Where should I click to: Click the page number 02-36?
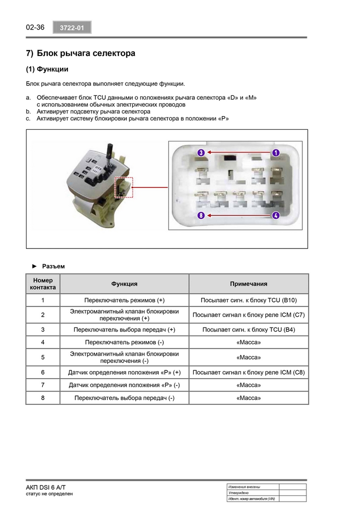(x=35, y=27)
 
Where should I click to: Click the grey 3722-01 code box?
(x=72, y=28)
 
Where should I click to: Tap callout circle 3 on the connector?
(x=201, y=152)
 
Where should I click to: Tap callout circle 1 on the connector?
(x=275, y=152)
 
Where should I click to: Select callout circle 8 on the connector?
(x=201, y=215)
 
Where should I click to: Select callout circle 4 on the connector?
(x=275, y=215)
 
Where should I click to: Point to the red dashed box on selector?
(x=124, y=187)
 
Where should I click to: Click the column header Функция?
(x=124, y=284)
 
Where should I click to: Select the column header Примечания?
(x=249, y=284)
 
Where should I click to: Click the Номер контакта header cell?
(x=43, y=284)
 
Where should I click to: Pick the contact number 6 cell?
(x=43, y=372)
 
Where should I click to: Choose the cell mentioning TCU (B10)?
(x=249, y=300)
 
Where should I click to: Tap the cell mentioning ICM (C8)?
(x=249, y=372)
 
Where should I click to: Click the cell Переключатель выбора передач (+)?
(x=124, y=329)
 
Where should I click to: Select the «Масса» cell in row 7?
(x=249, y=385)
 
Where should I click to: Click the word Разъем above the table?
(x=54, y=266)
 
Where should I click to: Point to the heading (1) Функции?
(x=47, y=69)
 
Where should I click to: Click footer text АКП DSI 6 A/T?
(x=46, y=487)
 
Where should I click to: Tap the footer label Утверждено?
(x=239, y=493)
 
